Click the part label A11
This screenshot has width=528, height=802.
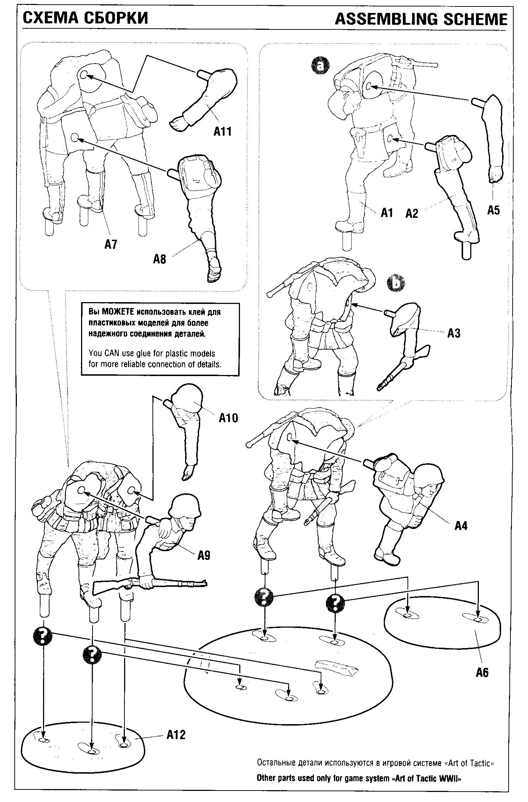coord(222,131)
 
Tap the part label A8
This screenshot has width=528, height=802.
coord(160,259)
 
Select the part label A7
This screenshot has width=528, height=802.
coord(111,244)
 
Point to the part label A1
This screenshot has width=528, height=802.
coord(387,213)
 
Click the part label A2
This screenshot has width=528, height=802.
coord(412,214)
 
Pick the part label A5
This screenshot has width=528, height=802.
coord(493,210)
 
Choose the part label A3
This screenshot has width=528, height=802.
coord(453,333)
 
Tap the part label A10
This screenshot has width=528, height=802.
coord(228,418)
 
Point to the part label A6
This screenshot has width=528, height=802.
coord(482,672)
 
